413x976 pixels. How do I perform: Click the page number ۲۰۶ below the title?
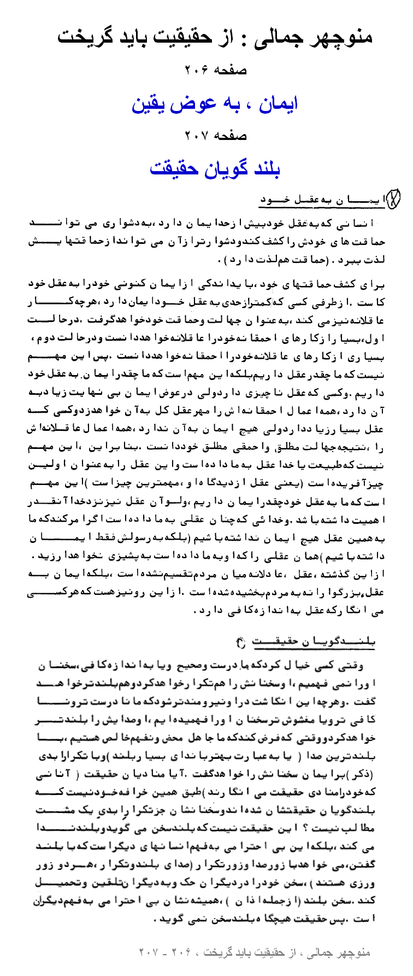click(197, 70)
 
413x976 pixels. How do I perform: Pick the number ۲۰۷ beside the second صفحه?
click(197, 136)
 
